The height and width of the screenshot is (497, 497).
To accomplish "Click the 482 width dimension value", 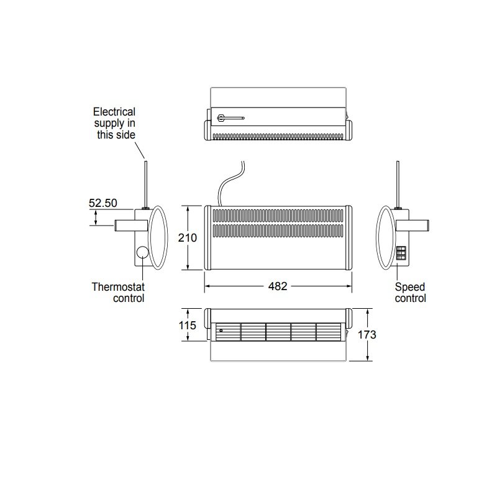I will [278, 286].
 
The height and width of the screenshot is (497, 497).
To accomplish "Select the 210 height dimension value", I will [188, 237].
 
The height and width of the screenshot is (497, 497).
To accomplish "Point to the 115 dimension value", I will [188, 326].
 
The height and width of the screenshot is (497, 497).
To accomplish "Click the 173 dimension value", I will [367, 334].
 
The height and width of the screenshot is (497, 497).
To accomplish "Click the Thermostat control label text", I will [118, 293].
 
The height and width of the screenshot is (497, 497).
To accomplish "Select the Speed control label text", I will [411, 293].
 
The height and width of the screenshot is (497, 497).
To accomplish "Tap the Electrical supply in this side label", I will [114, 122].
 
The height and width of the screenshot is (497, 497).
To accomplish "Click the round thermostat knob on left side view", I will [142, 253].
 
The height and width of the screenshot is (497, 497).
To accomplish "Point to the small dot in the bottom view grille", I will [220, 331].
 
